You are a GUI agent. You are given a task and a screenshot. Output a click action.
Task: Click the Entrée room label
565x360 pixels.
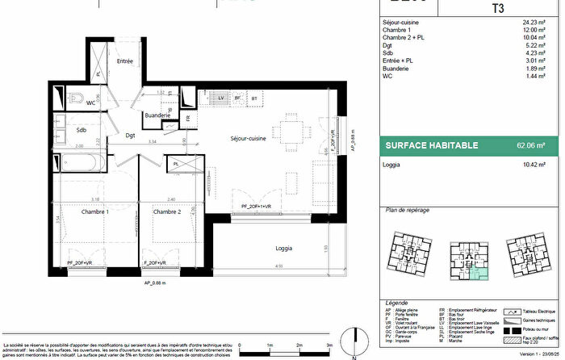[125, 61]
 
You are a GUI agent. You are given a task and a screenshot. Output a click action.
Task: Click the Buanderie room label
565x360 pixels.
[157, 115]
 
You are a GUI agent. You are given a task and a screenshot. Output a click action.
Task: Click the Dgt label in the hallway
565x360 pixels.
[130, 136]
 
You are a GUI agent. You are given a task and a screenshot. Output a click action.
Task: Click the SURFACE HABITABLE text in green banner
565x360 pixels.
[431, 146]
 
